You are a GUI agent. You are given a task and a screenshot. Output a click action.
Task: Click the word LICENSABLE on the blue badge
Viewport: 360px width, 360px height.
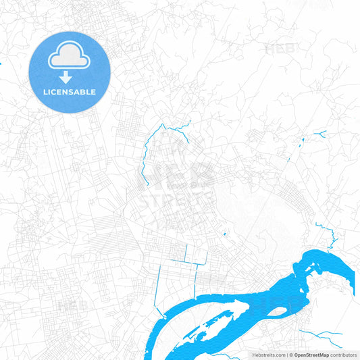point(70,91)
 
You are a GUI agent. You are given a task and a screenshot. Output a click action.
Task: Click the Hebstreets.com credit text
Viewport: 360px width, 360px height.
point(268,355)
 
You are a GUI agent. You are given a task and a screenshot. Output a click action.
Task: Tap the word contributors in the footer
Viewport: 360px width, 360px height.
point(344,355)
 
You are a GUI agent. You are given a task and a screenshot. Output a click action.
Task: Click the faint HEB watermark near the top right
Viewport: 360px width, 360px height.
point(280,48)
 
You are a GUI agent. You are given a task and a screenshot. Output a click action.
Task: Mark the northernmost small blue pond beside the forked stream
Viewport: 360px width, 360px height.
point(303,139)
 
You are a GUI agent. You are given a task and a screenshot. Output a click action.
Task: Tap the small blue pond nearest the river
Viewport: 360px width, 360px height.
point(224,234)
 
